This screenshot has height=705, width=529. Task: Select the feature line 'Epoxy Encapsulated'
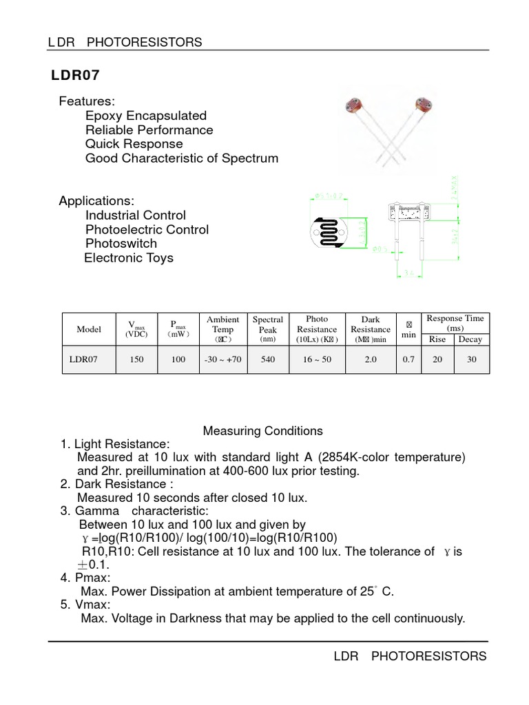tap(146, 116)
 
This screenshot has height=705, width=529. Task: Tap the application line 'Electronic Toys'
tap(129, 258)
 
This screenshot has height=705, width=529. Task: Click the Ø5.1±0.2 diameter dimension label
tap(329, 196)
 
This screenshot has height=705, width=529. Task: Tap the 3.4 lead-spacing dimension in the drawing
tap(408, 273)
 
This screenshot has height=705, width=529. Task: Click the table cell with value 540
tap(268, 359)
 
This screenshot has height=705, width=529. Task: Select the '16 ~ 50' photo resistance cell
tap(317, 359)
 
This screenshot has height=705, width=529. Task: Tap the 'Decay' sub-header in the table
tap(471, 339)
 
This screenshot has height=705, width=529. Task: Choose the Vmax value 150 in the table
tap(136, 359)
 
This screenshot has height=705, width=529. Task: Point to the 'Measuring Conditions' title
tap(262, 431)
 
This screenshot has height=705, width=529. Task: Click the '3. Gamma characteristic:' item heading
tap(134, 512)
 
